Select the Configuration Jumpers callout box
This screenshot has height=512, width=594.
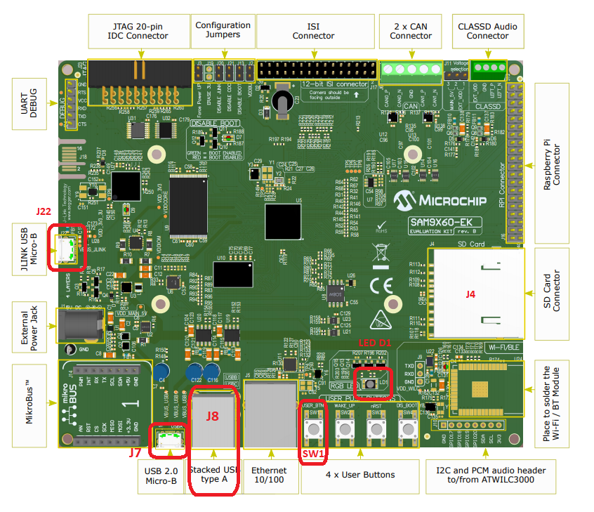pyautogui.click(x=224, y=31)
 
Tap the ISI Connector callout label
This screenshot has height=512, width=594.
pyautogui.click(x=313, y=31)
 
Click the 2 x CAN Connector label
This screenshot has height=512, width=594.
pyautogui.click(x=411, y=31)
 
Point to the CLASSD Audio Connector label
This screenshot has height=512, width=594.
pyautogui.click(x=487, y=31)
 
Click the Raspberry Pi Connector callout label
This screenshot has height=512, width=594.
pyautogui.click(x=557, y=164)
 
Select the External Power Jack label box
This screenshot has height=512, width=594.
pyautogui.click(x=29, y=326)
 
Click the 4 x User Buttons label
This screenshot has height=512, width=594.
pyautogui.click(x=360, y=475)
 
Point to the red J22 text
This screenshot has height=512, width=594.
pyautogui.click(x=44, y=211)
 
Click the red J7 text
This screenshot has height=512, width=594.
pyautogui.click(x=140, y=453)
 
